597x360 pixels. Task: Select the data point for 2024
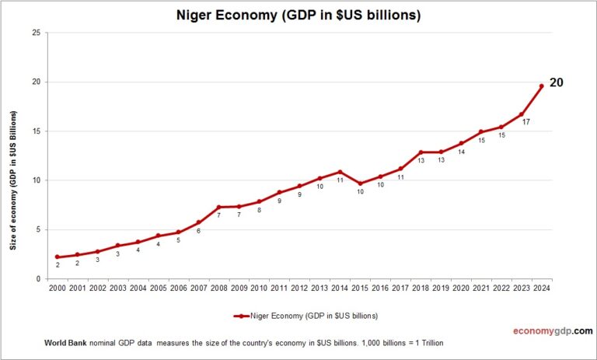(x=541, y=86)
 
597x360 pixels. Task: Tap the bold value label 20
(x=557, y=82)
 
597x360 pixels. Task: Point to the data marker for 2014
(x=340, y=172)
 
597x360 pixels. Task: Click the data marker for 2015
(x=360, y=183)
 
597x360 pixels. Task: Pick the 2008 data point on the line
(x=218, y=207)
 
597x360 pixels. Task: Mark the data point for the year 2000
(x=57, y=257)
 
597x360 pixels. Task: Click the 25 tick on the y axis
(x=36, y=33)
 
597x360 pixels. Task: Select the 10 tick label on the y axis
(x=36, y=180)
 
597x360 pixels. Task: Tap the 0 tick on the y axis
(x=38, y=278)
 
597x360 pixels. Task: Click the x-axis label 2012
(x=299, y=288)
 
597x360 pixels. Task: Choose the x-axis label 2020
(x=461, y=288)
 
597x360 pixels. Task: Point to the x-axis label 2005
(x=158, y=288)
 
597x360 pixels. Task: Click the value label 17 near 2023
(x=526, y=122)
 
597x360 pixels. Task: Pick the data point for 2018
(x=421, y=152)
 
